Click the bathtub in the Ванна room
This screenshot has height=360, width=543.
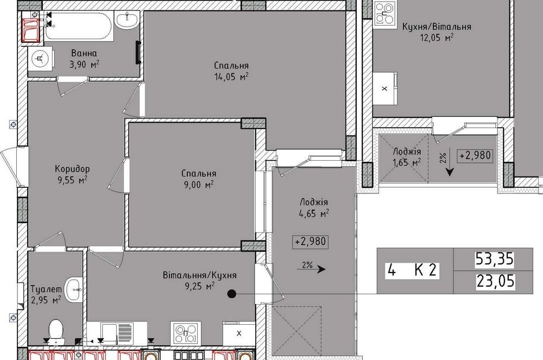click(x=78, y=26)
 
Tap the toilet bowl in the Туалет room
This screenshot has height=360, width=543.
click(x=55, y=331)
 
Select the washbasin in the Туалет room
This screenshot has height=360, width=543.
click(x=74, y=289)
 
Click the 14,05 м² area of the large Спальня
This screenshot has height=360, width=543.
click(x=231, y=77)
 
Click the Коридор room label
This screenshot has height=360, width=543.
click(x=72, y=169)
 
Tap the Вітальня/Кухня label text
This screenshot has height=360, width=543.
click(x=200, y=275)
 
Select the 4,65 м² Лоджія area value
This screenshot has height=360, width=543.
click(x=314, y=213)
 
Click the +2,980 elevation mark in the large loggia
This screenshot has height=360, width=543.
click(x=310, y=241)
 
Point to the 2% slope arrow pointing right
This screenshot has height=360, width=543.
click(x=311, y=269)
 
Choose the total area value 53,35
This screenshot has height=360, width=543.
click(x=494, y=259)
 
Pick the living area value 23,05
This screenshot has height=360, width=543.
click(x=495, y=281)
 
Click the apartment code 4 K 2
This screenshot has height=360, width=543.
click(x=413, y=270)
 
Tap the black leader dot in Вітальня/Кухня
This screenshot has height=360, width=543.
click(x=232, y=294)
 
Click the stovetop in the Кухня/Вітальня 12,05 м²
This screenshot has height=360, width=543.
click(x=385, y=14)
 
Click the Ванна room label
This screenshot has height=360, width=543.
click(x=84, y=53)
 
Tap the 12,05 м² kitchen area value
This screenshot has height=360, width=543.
click(x=437, y=37)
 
